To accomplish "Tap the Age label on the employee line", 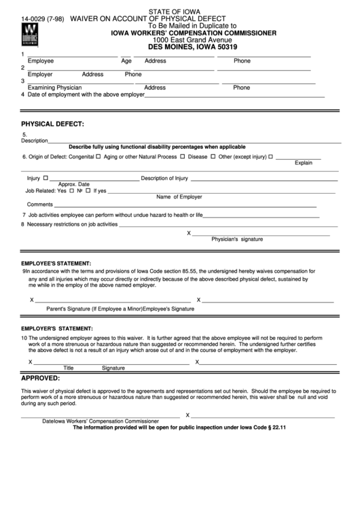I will pyautogui.click(x=126, y=60).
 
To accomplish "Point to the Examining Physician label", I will pyautogui.click(x=54, y=88).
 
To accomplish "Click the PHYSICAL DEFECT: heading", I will pyautogui.click(x=52, y=124).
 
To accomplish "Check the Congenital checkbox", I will pyautogui.click(x=98, y=156).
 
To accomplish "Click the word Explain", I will pyautogui.click(x=303, y=163).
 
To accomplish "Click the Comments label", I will pyautogui.click(x=39, y=205).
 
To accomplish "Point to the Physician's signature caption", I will pyautogui.click(x=237, y=240).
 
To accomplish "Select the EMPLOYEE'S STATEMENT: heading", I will pyautogui.click(x=56, y=262).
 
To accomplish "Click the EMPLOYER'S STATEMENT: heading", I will pyautogui.click(x=56, y=329).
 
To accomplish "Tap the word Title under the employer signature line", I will pyautogui.click(x=68, y=368).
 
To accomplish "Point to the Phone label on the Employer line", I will pyautogui.click(x=133, y=74).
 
